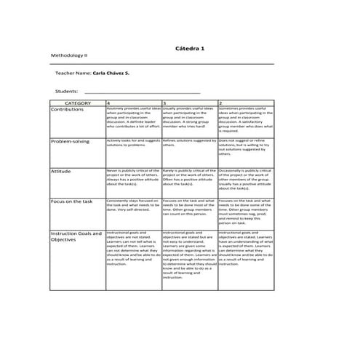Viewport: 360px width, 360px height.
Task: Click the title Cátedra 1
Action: point(190,47)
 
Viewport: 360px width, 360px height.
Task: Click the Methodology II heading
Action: point(68,55)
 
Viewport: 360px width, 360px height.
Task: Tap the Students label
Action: point(66,92)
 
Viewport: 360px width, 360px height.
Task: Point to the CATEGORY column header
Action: point(78,103)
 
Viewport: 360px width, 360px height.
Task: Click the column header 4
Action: point(108,103)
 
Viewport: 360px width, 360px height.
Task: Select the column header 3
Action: point(164,103)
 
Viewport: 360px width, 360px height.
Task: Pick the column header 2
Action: point(220,103)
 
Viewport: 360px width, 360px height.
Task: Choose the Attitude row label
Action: point(60,171)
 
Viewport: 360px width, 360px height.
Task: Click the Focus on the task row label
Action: point(71,201)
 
